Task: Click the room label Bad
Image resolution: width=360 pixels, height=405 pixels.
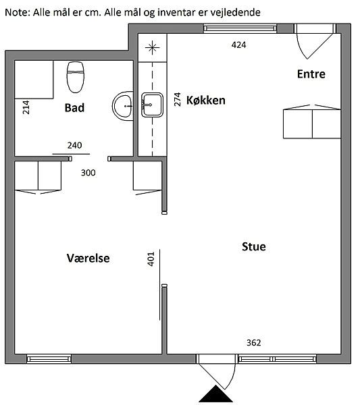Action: click(x=74, y=108)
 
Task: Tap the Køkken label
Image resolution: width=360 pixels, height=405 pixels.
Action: click(x=206, y=100)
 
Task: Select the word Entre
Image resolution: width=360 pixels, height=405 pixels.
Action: click(x=311, y=74)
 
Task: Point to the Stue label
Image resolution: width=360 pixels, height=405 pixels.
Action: click(x=254, y=246)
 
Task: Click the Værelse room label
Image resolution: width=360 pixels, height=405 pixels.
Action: click(x=88, y=258)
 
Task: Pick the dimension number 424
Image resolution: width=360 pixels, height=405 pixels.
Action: click(x=239, y=45)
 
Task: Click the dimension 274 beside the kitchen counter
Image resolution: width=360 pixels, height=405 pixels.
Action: click(x=177, y=99)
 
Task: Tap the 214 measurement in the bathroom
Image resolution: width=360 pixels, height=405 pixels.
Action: click(x=26, y=107)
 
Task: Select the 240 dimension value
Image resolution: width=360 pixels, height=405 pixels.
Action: click(x=75, y=145)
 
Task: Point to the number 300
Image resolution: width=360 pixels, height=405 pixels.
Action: click(x=88, y=173)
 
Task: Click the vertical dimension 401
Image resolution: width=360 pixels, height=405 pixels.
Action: click(x=151, y=259)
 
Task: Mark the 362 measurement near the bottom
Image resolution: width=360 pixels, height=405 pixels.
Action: click(x=254, y=342)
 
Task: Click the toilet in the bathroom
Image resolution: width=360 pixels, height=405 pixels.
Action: click(x=76, y=77)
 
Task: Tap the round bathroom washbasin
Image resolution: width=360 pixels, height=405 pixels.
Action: click(x=123, y=106)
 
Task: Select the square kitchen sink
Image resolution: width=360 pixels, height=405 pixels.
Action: click(x=152, y=105)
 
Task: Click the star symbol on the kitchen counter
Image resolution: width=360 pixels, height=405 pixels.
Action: click(x=152, y=47)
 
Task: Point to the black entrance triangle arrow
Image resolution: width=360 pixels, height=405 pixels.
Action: click(x=215, y=394)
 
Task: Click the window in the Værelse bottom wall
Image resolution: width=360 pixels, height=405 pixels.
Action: click(x=49, y=359)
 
